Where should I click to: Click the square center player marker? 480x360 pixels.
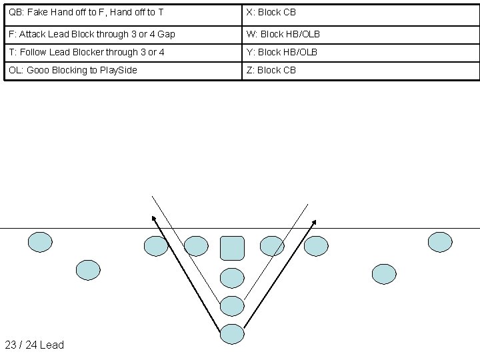(232, 247)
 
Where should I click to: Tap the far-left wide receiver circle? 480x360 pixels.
(40, 242)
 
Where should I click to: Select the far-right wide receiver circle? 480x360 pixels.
(439, 242)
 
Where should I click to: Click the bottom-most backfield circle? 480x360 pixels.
(232, 333)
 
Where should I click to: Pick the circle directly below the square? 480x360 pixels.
(232, 277)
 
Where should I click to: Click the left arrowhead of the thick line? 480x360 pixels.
(153, 218)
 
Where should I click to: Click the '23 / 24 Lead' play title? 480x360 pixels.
(35, 345)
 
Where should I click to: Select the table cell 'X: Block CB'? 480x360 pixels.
(361, 13)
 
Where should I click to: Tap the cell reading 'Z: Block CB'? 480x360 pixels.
(361, 70)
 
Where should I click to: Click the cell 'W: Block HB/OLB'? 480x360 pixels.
(361, 33)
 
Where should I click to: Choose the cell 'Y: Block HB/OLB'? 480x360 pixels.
(361, 52)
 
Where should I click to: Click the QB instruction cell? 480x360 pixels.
(123, 13)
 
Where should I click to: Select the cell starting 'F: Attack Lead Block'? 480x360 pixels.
(123, 33)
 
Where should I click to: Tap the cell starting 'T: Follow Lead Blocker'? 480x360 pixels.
(123, 52)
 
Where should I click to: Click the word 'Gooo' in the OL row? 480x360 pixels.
(38, 70)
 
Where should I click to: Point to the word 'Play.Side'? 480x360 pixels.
(118, 70)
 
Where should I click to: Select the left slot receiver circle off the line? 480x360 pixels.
(88, 270)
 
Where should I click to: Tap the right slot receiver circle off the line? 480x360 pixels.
(383, 273)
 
